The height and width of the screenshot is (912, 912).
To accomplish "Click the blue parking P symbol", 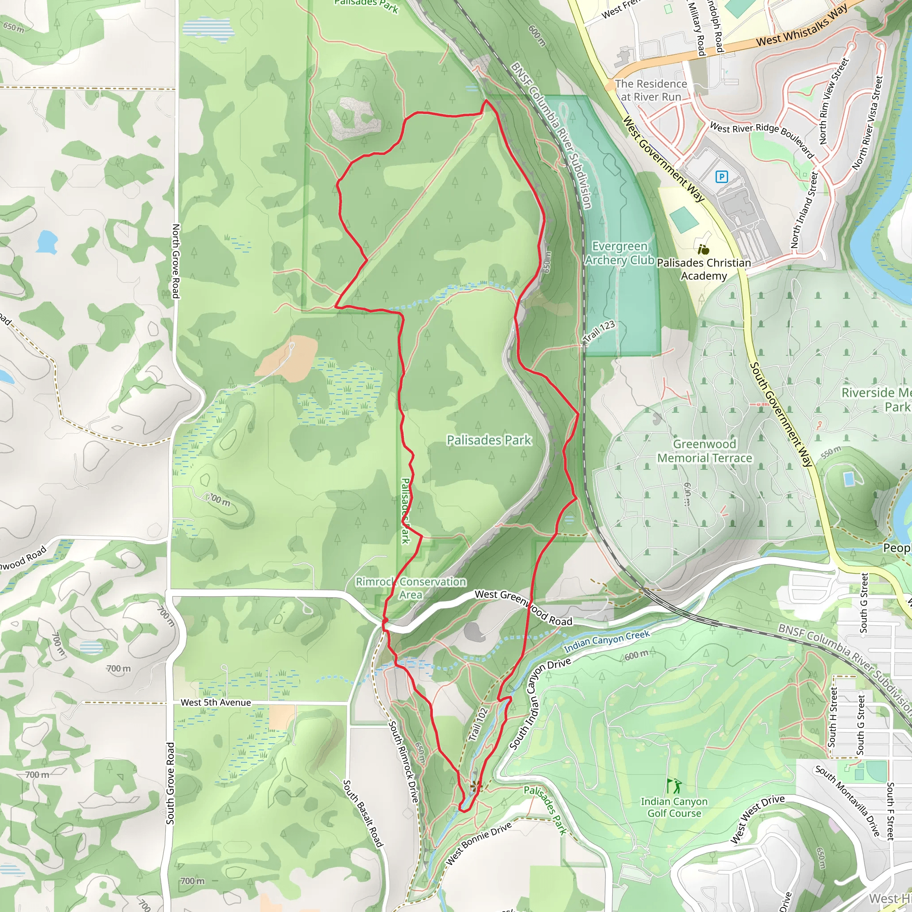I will click(x=721, y=177).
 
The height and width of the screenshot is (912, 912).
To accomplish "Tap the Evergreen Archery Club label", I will click(x=619, y=253).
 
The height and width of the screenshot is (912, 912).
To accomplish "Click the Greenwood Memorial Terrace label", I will click(x=704, y=451).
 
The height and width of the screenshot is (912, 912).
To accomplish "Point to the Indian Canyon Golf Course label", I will click(x=674, y=807).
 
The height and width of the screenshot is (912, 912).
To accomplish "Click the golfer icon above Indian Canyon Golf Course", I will click(x=674, y=786).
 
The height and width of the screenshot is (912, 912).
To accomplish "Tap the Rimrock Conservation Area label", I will click(x=411, y=588).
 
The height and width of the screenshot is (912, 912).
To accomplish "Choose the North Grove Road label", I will click(x=175, y=261).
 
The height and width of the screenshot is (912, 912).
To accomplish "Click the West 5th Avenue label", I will click(x=216, y=702).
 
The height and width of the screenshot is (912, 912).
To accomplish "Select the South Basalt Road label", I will click(x=362, y=813).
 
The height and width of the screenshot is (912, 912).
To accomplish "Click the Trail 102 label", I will click(x=478, y=724).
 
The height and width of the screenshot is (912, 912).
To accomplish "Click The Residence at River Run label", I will click(x=651, y=90).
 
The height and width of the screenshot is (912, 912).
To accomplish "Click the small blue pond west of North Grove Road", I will click(x=46, y=241).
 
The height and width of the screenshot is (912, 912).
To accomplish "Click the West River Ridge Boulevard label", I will click(x=761, y=140).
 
